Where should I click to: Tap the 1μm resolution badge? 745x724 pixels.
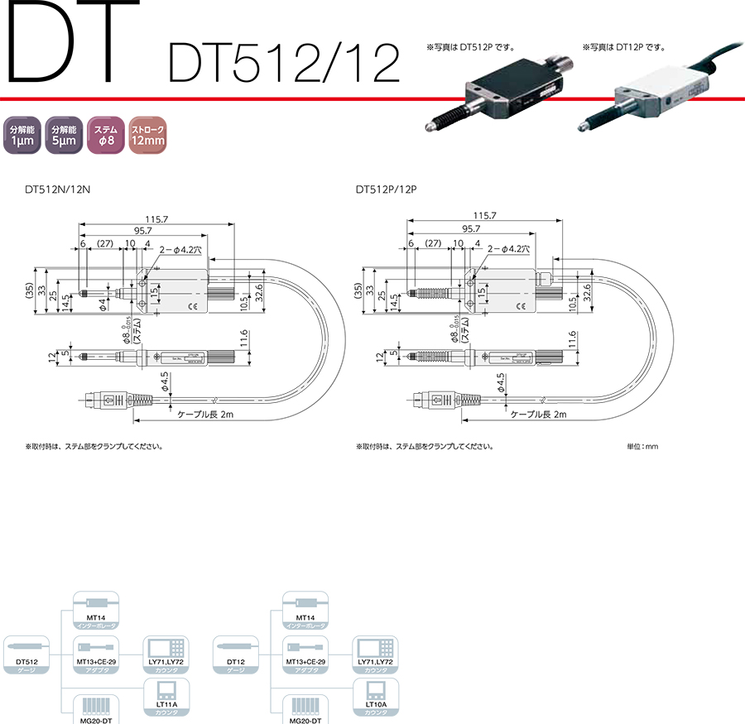(22, 135)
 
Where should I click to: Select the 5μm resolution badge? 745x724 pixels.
(64, 135)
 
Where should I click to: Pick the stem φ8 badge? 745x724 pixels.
(106, 135)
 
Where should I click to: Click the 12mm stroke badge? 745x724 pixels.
(148, 135)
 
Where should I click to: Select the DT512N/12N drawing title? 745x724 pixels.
(57, 189)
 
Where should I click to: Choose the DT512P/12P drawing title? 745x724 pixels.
(387, 189)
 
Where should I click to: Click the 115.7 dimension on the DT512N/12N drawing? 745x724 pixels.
(157, 218)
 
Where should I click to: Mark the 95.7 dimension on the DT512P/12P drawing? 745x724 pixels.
(472, 229)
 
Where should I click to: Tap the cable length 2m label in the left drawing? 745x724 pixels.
(210, 415)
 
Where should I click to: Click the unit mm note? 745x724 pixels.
(642, 447)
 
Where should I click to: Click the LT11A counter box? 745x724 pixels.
(168, 697)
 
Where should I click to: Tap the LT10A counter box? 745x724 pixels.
(376, 697)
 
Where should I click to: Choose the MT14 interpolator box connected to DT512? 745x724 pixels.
(97, 611)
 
